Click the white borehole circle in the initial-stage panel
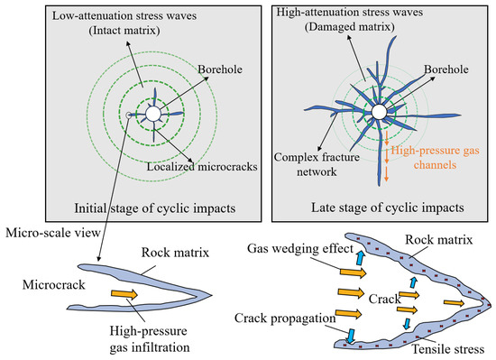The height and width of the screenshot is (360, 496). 153,114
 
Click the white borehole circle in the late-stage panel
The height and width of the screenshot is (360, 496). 379,112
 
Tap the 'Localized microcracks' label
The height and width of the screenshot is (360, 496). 202,167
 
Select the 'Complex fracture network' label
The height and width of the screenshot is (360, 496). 317,164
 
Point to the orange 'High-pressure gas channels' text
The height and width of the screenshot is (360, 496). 436,158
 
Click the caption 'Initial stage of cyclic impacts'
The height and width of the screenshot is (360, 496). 155,208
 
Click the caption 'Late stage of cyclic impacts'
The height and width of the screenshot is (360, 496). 388,208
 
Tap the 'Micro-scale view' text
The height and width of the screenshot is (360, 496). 53,233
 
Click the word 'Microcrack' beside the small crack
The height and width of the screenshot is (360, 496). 54,285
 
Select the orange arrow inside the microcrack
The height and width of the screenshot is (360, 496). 124,294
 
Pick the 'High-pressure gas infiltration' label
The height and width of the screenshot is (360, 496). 150,339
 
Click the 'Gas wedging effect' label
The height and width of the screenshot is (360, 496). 300,249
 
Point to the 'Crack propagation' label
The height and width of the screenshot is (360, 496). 285,318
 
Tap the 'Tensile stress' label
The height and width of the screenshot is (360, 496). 448,349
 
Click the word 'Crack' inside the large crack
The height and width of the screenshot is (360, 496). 385,299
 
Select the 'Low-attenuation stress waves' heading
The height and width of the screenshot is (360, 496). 124,16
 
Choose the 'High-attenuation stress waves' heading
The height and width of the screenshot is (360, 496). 350,13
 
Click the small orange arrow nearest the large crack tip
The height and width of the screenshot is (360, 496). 454,303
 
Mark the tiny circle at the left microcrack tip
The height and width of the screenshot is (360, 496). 128,115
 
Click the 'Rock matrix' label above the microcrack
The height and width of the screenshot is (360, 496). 175,253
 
